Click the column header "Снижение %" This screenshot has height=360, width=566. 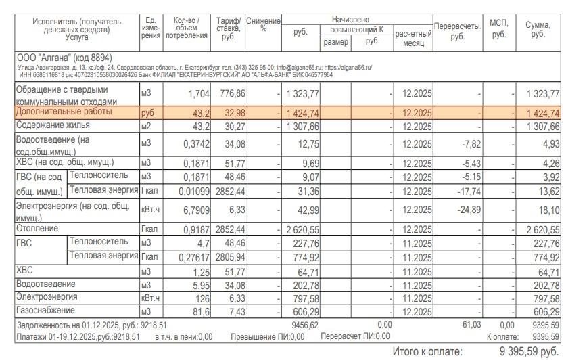pyautogui.click(x=263, y=25)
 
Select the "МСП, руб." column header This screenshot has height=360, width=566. pyautogui.click(x=499, y=28)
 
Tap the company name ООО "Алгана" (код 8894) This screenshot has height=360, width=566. pyautogui.click(x=64, y=58)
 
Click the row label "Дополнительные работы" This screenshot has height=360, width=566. pyautogui.click(x=64, y=112)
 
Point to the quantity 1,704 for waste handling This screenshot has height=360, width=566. pyautogui.click(x=195, y=93)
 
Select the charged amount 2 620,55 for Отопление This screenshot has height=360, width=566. pyautogui.click(x=302, y=230)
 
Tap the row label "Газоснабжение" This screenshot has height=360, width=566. pyautogui.click(x=45, y=311)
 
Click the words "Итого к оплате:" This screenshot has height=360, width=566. pyautogui.click(x=427, y=351)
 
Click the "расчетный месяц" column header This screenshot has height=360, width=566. pyautogui.click(x=412, y=38)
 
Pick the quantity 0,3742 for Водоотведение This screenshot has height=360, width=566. pyautogui.click(x=196, y=144)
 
